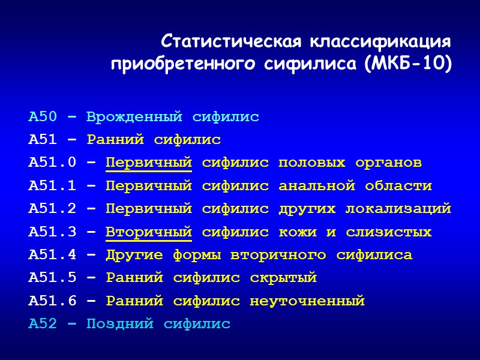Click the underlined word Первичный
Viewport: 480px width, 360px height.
coord(149,163)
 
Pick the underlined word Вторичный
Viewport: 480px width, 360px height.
coord(149,232)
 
